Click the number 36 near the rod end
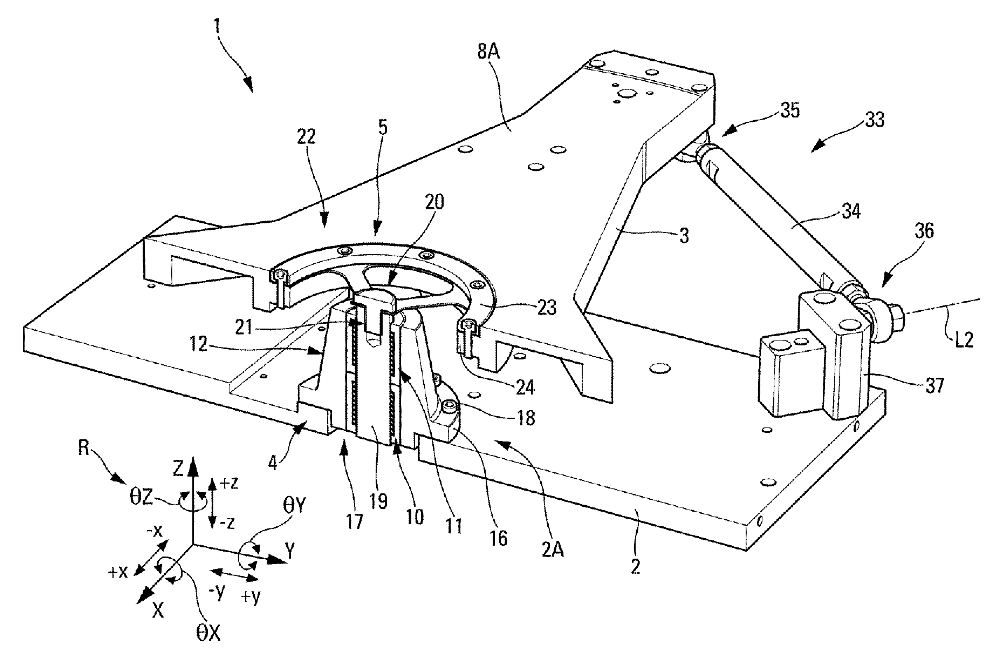(924, 231)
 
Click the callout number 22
(306, 137)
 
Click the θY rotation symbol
(296, 506)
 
